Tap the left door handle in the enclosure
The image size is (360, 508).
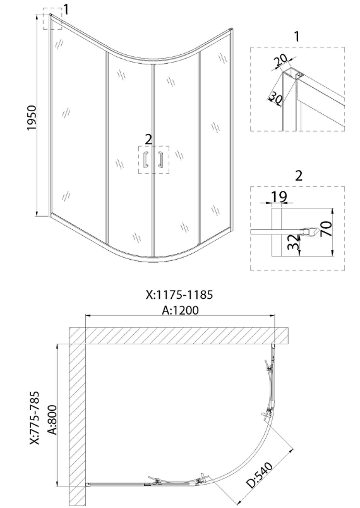tap(146, 159)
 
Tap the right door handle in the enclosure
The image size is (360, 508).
tap(160, 159)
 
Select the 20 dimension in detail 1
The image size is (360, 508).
tap(280, 60)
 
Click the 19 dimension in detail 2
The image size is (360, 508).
tap(278, 197)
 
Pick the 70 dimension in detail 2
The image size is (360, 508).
tap(327, 228)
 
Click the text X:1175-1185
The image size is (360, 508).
tap(179, 295)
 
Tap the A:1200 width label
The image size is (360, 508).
tap(181, 310)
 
